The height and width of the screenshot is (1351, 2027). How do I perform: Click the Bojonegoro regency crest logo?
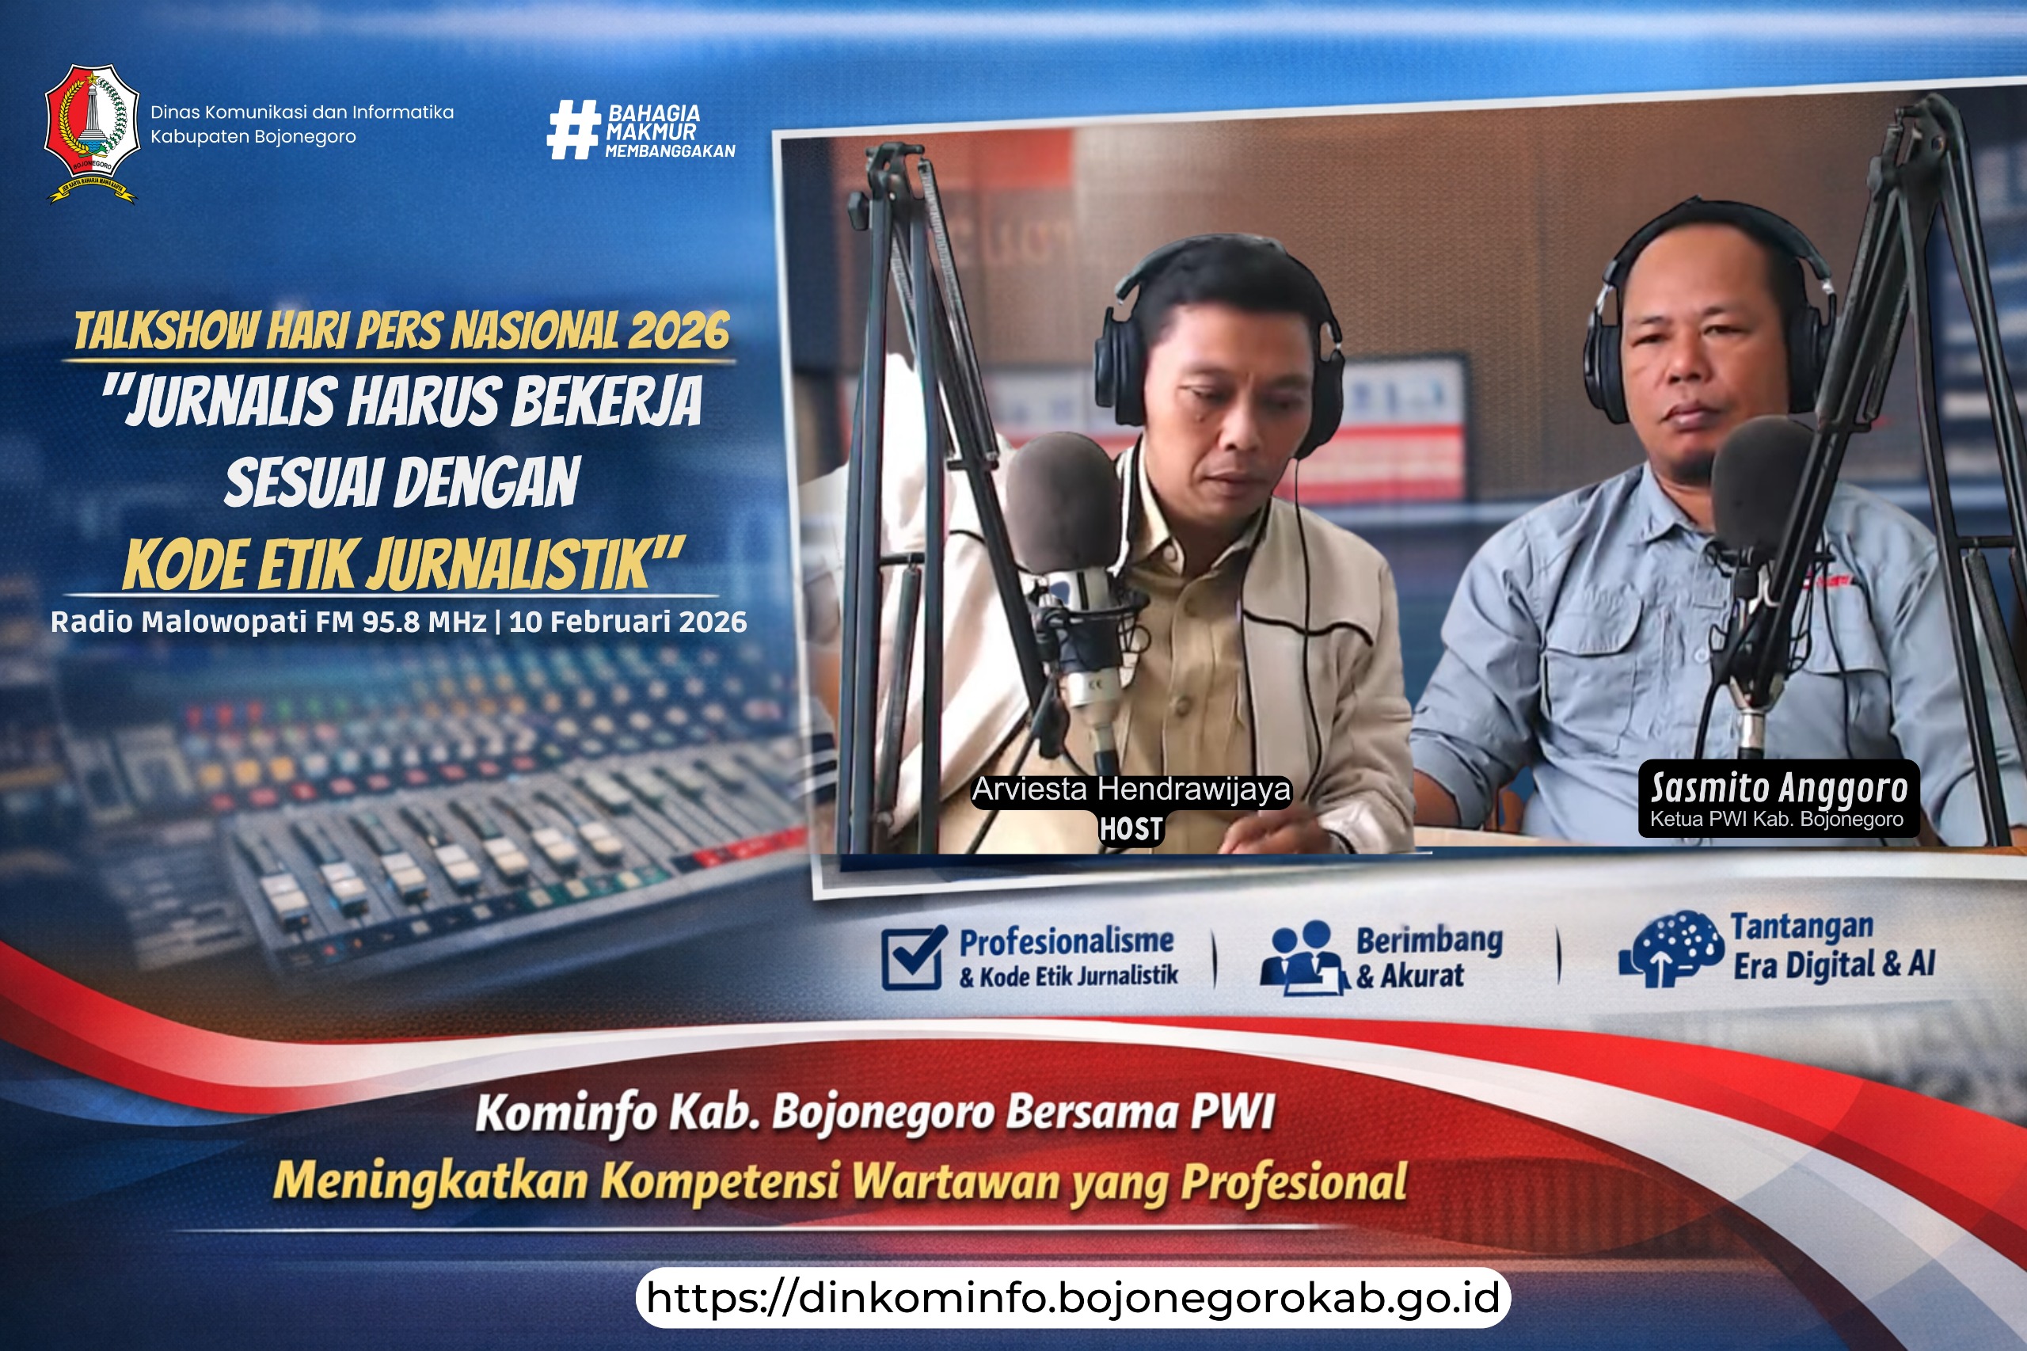91,134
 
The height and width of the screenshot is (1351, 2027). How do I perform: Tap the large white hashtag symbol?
574,129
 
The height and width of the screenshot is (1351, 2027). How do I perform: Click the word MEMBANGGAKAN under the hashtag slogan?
670,150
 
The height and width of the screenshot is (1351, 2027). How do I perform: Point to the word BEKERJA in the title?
607,401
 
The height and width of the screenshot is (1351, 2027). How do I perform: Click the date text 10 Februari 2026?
628,622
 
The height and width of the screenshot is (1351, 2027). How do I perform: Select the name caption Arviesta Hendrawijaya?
1131,790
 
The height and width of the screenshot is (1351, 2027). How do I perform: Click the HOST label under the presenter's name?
1131,829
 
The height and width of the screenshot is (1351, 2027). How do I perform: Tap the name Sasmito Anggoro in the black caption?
1779,787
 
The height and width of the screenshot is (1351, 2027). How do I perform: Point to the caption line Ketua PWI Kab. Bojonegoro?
1776,820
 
